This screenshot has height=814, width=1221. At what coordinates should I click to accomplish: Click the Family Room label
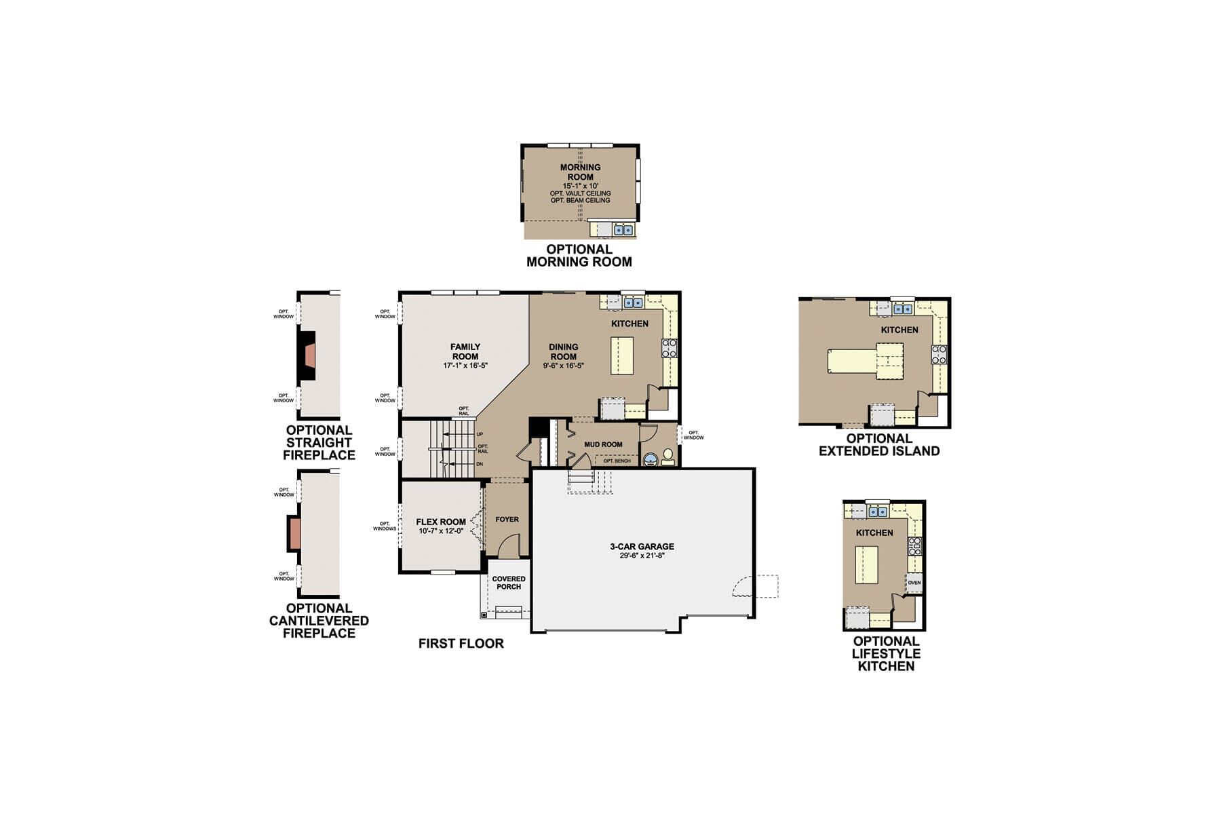point(465,351)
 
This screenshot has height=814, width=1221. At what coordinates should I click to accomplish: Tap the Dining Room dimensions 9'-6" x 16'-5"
point(563,366)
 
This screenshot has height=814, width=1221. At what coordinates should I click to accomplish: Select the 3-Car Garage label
point(642,546)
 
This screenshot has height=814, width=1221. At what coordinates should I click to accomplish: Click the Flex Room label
point(441,522)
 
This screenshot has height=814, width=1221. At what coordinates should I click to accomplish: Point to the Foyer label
point(507,519)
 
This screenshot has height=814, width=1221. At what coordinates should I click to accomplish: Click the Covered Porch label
point(509,583)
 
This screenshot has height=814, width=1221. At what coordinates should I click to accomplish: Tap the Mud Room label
point(603,444)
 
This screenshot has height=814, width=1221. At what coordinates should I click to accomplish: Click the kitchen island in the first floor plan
point(622,355)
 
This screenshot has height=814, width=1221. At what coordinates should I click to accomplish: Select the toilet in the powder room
point(668,454)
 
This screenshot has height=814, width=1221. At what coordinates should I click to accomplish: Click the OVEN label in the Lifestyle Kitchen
point(914,583)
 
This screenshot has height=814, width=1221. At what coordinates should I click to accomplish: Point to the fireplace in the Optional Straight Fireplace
point(309,355)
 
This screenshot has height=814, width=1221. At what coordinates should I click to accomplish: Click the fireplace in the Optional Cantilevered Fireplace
point(294,533)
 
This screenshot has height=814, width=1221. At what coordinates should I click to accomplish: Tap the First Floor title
point(461,643)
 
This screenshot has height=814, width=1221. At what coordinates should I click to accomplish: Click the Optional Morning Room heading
point(579,255)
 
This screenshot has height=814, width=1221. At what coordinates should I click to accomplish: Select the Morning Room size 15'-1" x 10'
point(580,186)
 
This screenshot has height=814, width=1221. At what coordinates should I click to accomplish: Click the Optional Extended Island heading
point(879,444)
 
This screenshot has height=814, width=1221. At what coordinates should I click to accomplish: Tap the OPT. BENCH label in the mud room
point(617,461)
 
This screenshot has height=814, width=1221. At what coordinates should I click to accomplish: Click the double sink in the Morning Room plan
point(623,230)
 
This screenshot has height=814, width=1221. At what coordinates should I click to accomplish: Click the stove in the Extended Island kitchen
point(939,354)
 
